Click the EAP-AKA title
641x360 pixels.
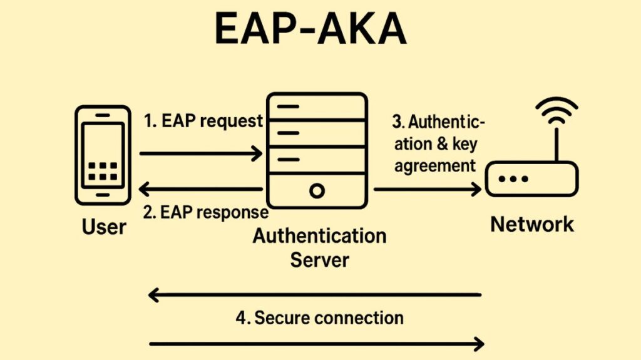pyautogui.click(x=310, y=29)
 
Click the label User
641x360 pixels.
pyautogui.click(x=104, y=226)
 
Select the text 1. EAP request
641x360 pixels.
pyautogui.click(x=203, y=121)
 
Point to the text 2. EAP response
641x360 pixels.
pyautogui.click(x=205, y=212)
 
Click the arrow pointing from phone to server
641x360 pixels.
pyautogui.click(x=200, y=153)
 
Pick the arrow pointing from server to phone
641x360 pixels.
pyautogui.click(x=200, y=188)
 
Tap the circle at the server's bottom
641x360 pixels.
pyautogui.click(x=317, y=190)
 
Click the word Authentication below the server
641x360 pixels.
pyautogui.click(x=319, y=237)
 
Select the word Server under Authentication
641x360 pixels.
pyautogui.click(x=319, y=259)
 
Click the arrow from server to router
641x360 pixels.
pyautogui.click(x=428, y=188)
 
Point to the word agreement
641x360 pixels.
pyautogui.click(x=436, y=166)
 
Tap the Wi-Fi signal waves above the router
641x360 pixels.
pyautogui.click(x=556, y=111)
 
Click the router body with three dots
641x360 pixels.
pyautogui.click(x=532, y=178)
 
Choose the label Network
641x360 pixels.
pyautogui.click(x=532, y=224)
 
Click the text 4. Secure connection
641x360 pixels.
pyautogui.click(x=319, y=317)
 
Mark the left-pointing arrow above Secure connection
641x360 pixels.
pyautogui.click(x=315, y=294)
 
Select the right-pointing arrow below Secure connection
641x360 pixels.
pyautogui.click(x=317, y=343)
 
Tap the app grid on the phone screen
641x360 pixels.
pyautogui.click(x=103, y=171)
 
